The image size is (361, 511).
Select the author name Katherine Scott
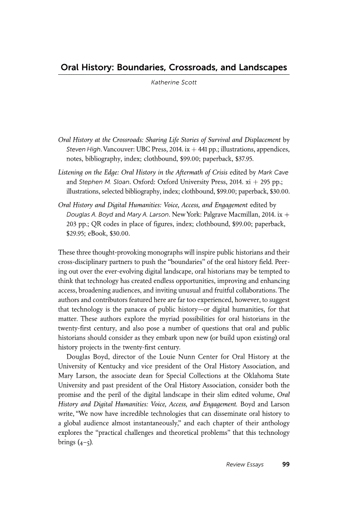tap(174, 83)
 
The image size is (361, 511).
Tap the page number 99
tap(285, 464)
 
